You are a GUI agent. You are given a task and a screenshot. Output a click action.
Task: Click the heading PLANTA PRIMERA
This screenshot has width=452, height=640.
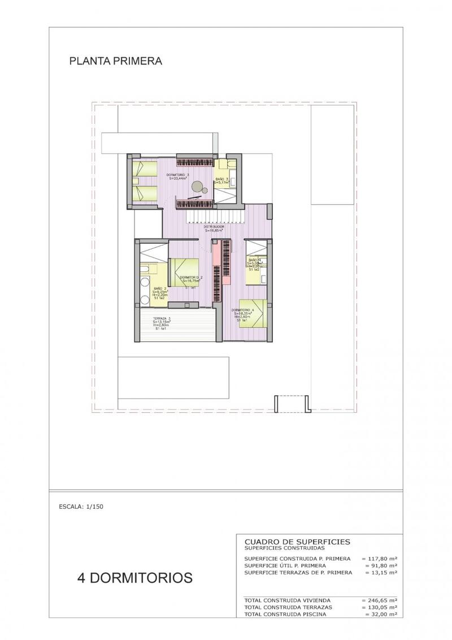pyautogui.click(x=116, y=61)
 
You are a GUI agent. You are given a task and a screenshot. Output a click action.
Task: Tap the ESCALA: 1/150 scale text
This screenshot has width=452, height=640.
pyautogui.click(x=81, y=507)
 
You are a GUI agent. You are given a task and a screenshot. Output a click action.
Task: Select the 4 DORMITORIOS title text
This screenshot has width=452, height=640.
pyautogui.click(x=135, y=577)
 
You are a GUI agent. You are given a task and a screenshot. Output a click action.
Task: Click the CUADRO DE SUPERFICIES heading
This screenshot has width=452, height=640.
pyautogui.click(x=297, y=542)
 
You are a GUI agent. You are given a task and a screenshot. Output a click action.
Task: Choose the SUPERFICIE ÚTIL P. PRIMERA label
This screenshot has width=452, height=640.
pyautogui.click(x=285, y=565)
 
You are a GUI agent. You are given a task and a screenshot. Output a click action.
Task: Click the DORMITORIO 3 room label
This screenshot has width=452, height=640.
pyautogui.click(x=178, y=175)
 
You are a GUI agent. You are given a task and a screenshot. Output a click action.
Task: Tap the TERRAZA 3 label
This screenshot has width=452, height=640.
pyautogui.click(x=162, y=319)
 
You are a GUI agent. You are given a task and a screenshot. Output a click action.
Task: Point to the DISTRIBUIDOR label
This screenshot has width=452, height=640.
pyautogui.click(x=214, y=227)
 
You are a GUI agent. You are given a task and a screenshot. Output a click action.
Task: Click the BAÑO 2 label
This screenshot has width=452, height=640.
pyautogui.click(x=160, y=288)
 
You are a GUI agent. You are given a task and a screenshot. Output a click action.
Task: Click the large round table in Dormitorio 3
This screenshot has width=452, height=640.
pyautogui.click(x=198, y=185)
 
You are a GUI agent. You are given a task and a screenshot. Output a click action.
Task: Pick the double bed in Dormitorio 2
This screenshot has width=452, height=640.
pyautogui.click(x=184, y=272)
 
